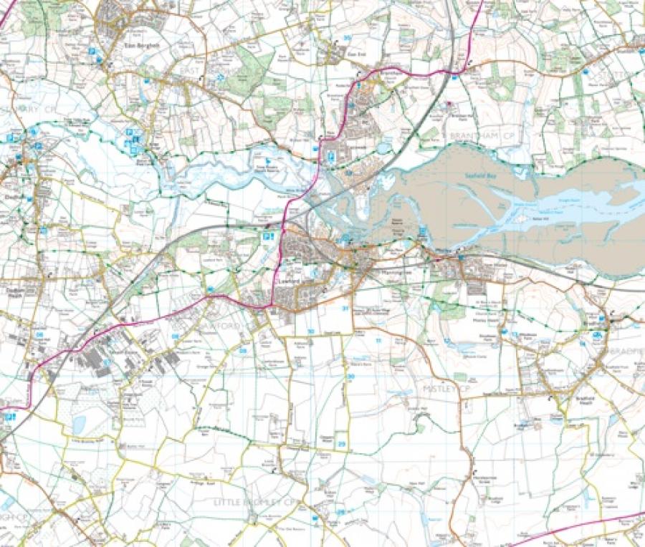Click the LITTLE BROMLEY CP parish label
(255, 503)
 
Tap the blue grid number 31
(345, 309)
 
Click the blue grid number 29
(342, 445)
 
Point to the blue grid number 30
(350, 377)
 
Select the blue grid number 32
(310, 331)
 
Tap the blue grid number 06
(40, 334)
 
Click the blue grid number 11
(378, 341)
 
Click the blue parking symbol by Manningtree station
(267, 236)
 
